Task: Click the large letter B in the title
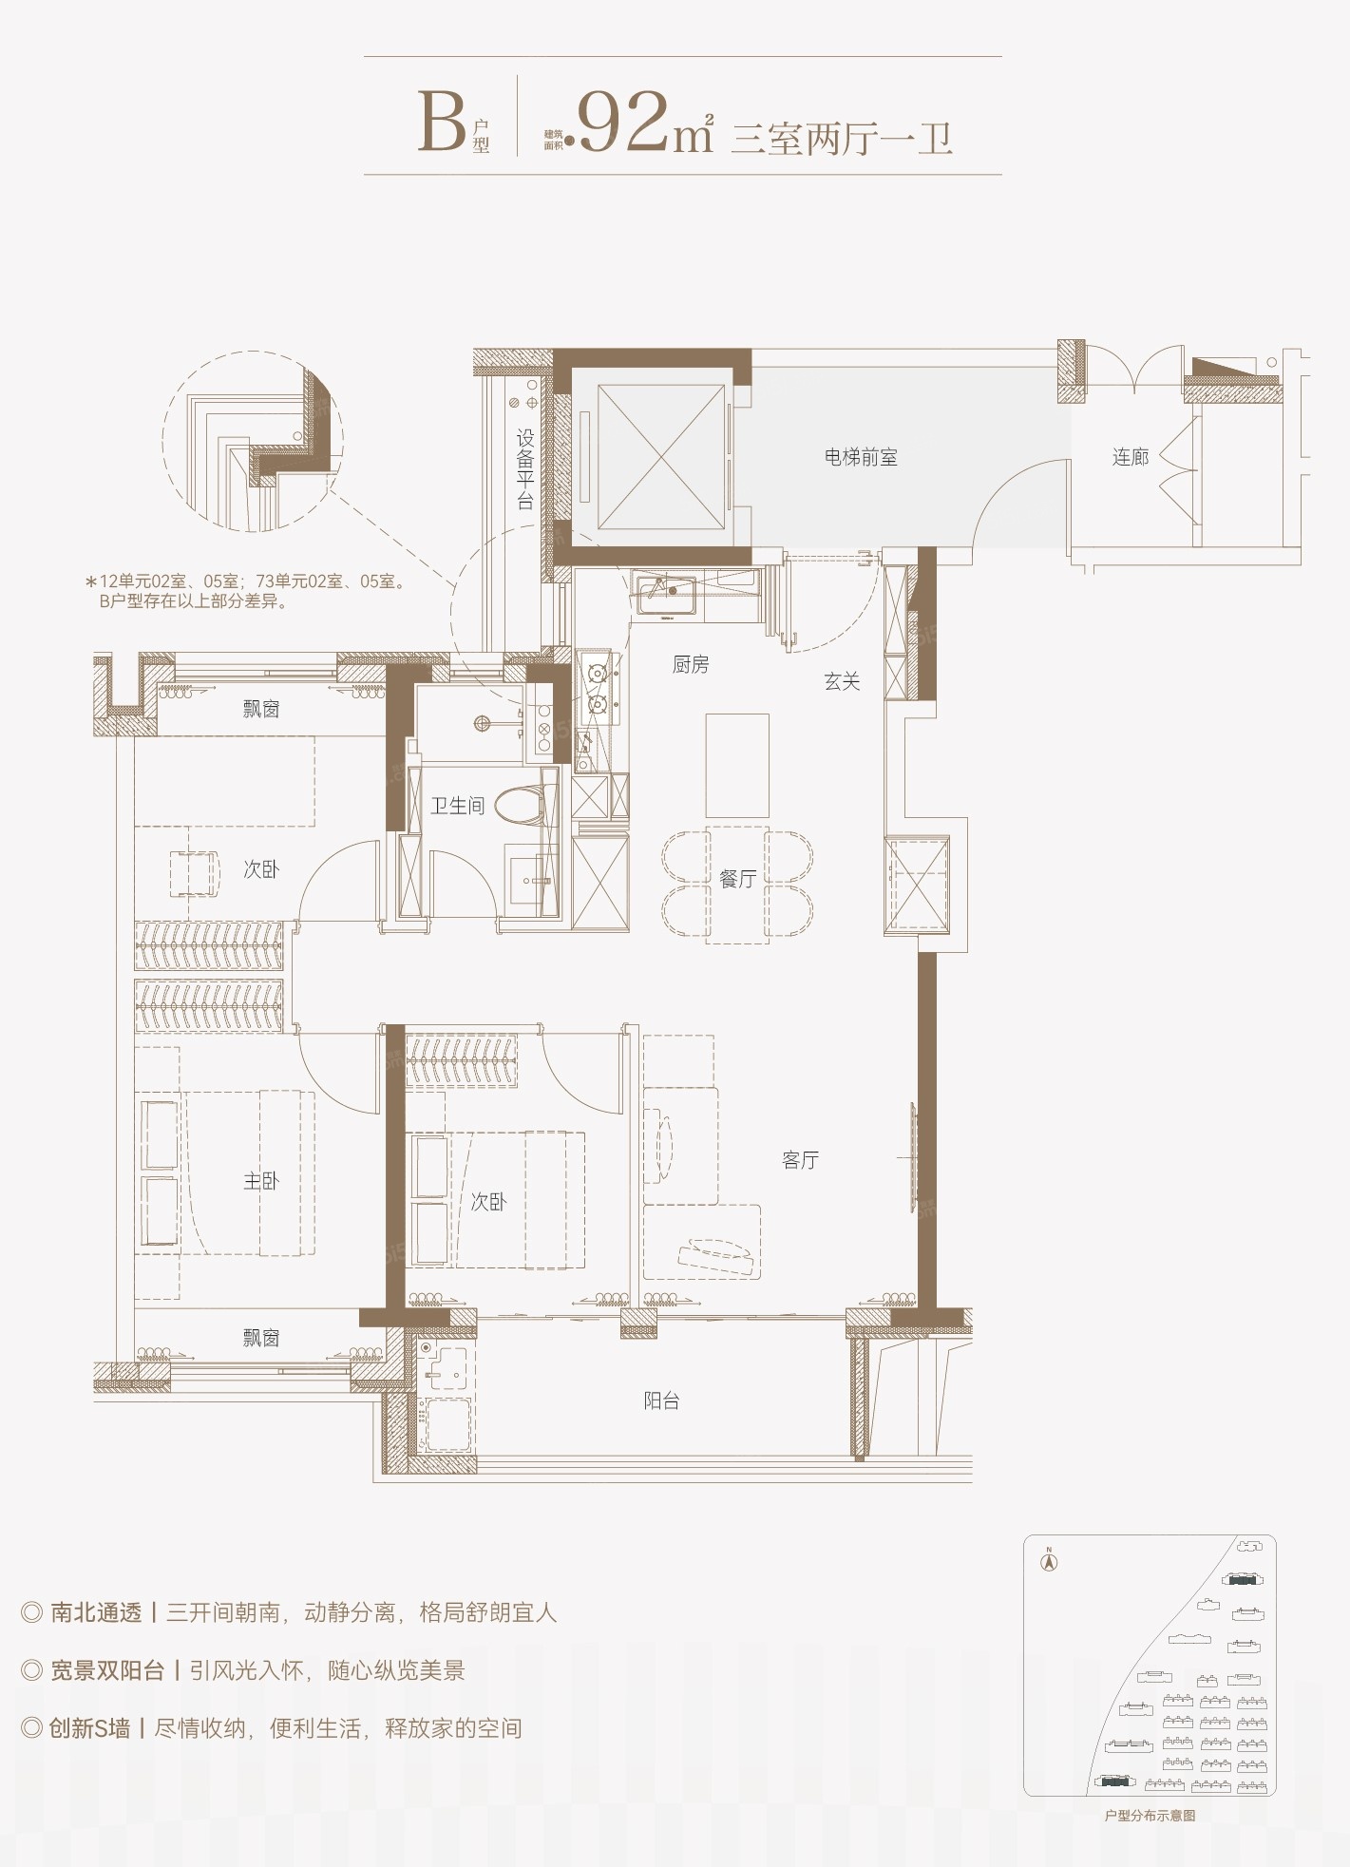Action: coord(442,123)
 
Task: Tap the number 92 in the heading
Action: coord(623,123)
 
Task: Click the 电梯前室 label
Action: coord(861,457)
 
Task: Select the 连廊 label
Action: coord(1131,457)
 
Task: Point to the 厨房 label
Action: coord(691,664)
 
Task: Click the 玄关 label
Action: coord(842,680)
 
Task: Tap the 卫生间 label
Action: coord(458,806)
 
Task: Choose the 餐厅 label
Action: coord(738,879)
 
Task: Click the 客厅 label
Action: coord(800,1159)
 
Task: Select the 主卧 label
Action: coord(261,1180)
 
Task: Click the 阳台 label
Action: coord(661,1400)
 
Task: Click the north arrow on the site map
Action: coord(1050,1561)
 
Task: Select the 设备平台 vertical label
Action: coord(525,469)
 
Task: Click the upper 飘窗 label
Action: coord(261,708)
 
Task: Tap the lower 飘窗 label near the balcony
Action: coord(261,1338)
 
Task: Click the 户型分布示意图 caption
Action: coord(1150,1816)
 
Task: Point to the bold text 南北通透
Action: coord(96,1612)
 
